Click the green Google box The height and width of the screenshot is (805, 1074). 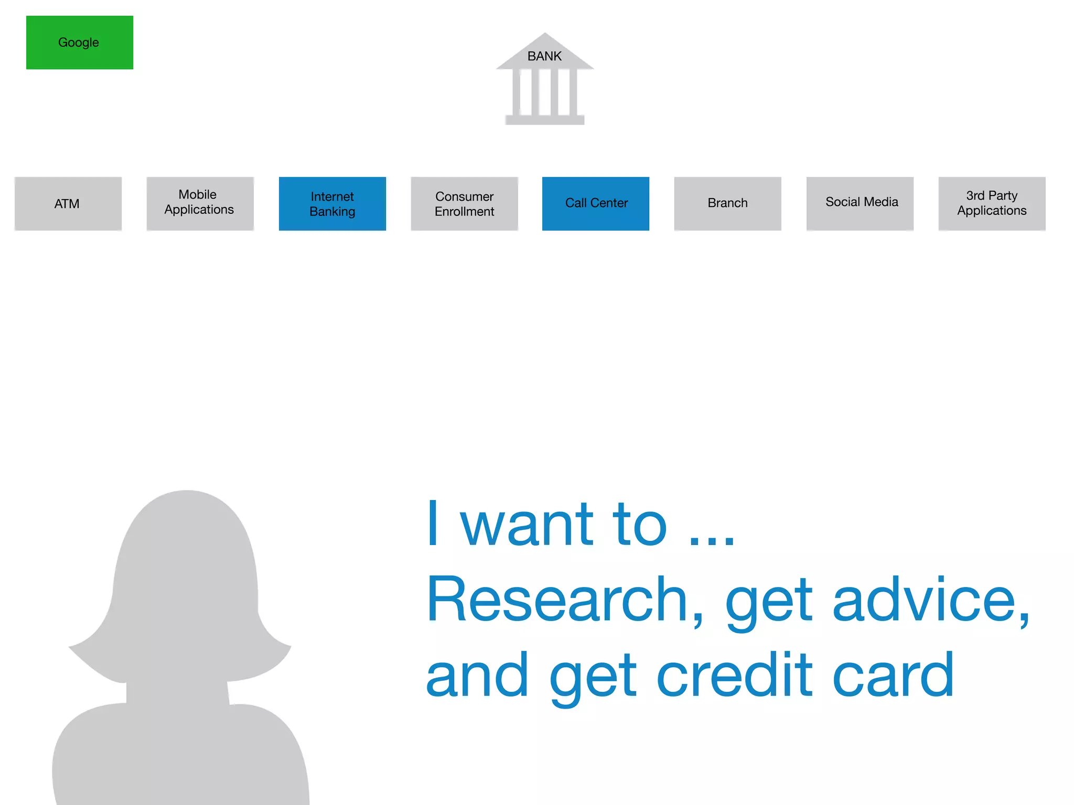click(80, 42)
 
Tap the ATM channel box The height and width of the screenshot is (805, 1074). click(68, 203)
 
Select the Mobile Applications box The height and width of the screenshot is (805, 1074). click(200, 203)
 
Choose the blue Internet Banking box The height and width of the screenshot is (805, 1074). click(332, 203)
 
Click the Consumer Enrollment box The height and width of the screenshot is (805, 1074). click(464, 203)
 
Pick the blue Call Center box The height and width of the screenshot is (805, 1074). click(596, 203)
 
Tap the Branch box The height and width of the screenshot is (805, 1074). click(727, 203)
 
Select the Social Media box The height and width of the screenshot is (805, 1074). click(860, 203)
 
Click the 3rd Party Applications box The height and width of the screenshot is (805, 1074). click(992, 203)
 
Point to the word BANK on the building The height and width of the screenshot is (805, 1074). click(544, 57)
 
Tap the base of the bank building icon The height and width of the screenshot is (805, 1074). click(545, 120)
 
